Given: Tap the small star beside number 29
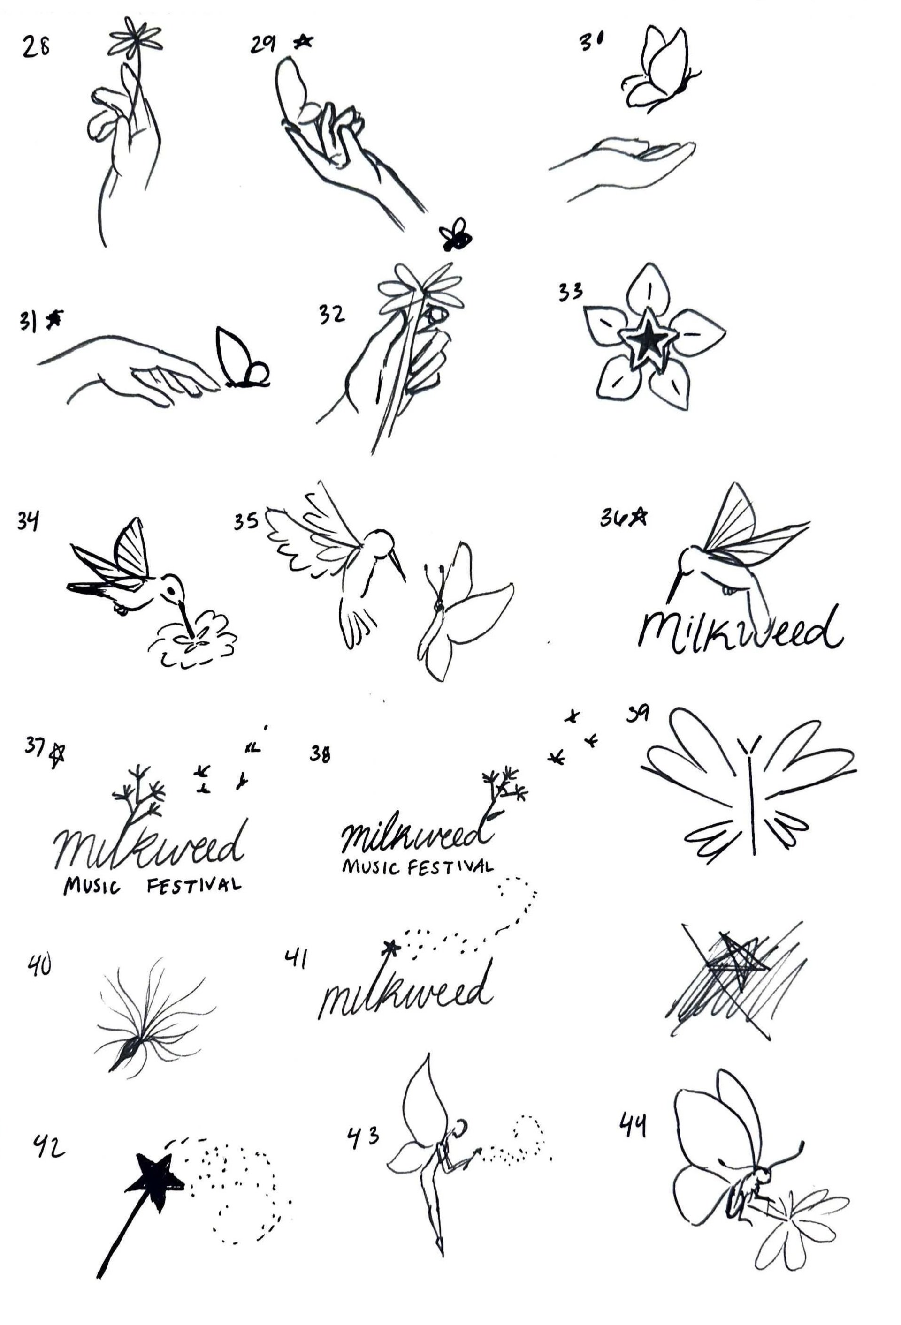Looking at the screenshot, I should (x=304, y=41).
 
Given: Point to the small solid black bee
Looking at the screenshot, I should (x=455, y=235).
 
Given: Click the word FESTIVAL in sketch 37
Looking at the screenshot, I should (x=193, y=887).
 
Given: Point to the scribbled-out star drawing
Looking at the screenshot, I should (x=736, y=978).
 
